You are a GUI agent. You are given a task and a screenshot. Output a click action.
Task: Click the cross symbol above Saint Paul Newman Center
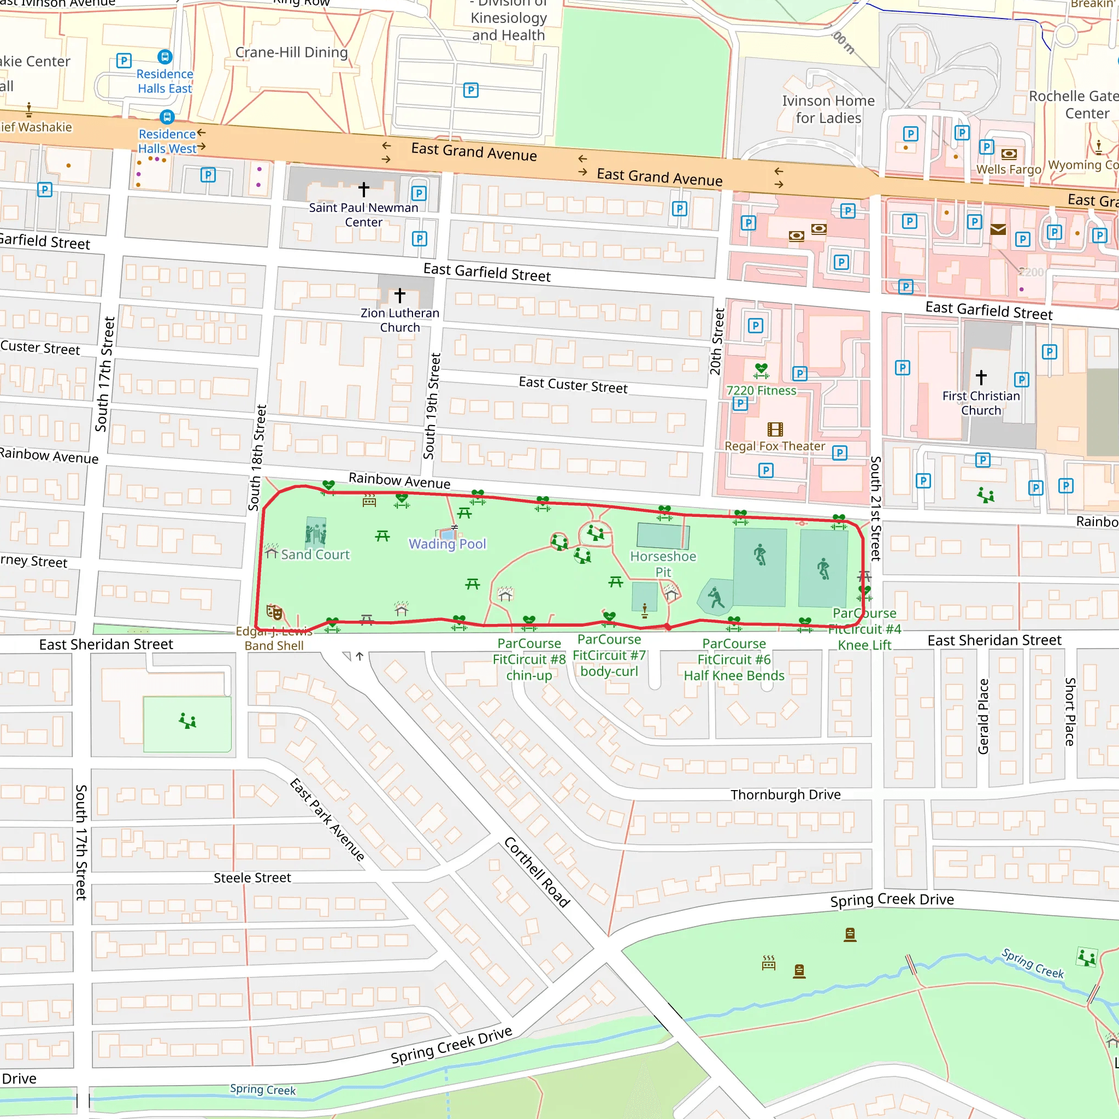click(x=364, y=189)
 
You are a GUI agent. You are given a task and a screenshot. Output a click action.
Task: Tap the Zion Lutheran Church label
click(x=399, y=320)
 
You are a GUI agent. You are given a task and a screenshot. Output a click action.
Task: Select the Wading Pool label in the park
click(x=447, y=544)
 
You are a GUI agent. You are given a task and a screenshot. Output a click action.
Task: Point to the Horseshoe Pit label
click(x=663, y=564)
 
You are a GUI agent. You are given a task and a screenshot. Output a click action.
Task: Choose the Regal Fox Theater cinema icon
click(x=775, y=429)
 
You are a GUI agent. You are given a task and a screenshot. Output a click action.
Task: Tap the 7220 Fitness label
click(x=761, y=390)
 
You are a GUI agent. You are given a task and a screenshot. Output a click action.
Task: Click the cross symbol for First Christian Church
click(x=981, y=377)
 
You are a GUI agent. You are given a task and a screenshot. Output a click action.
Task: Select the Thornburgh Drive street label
click(x=785, y=794)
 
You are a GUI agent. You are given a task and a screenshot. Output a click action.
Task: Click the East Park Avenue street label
click(x=327, y=820)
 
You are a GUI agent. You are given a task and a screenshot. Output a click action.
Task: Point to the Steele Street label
click(x=252, y=878)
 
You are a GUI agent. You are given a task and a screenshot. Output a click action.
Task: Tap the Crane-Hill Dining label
click(x=291, y=52)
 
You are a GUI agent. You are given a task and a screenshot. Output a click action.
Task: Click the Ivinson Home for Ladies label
click(x=828, y=109)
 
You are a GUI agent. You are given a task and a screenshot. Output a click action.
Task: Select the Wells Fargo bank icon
click(x=1009, y=154)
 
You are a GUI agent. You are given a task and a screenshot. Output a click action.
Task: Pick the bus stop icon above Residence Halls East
click(x=165, y=57)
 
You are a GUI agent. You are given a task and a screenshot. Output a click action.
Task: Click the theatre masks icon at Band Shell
click(x=274, y=611)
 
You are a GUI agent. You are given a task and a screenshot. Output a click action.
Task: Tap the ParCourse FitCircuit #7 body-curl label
click(x=609, y=655)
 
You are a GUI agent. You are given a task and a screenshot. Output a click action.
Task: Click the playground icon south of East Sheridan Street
click(x=187, y=721)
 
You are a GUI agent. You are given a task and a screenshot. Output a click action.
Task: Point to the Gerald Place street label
click(x=983, y=716)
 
